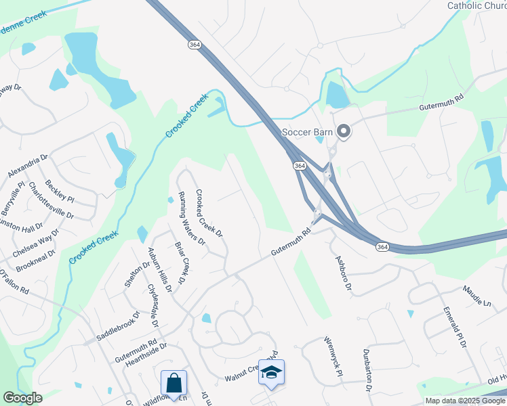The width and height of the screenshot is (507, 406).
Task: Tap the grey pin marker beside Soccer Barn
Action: [x=344, y=132]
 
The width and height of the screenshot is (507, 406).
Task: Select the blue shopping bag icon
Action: [x=174, y=382]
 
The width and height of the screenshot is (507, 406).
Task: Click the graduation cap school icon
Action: [x=271, y=373]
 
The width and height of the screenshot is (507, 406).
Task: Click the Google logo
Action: [x=22, y=398]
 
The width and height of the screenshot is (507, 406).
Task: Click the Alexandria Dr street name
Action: [x=28, y=166]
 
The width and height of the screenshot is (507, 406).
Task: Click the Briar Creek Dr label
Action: [x=180, y=263]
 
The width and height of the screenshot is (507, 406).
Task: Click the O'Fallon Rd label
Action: [x=14, y=281]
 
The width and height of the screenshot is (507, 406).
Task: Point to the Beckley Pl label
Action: [x=59, y=191]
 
